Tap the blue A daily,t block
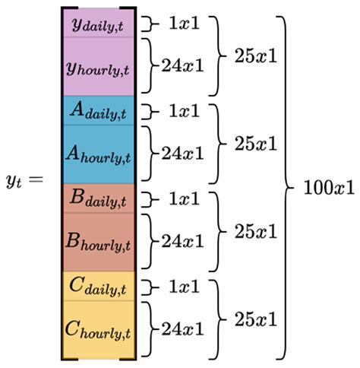point(99,111)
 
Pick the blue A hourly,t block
point(99,154)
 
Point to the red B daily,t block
point(99,199)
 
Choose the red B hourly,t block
point(99,243)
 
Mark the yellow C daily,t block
point(99,287)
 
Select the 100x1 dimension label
point(325,186)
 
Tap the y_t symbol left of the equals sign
point(16,182)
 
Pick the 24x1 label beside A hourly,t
point(182,154)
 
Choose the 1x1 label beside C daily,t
point(184,287)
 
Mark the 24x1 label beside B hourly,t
point(182,242)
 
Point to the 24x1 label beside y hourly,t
point(182,65)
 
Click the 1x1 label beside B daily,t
point(184,199)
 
